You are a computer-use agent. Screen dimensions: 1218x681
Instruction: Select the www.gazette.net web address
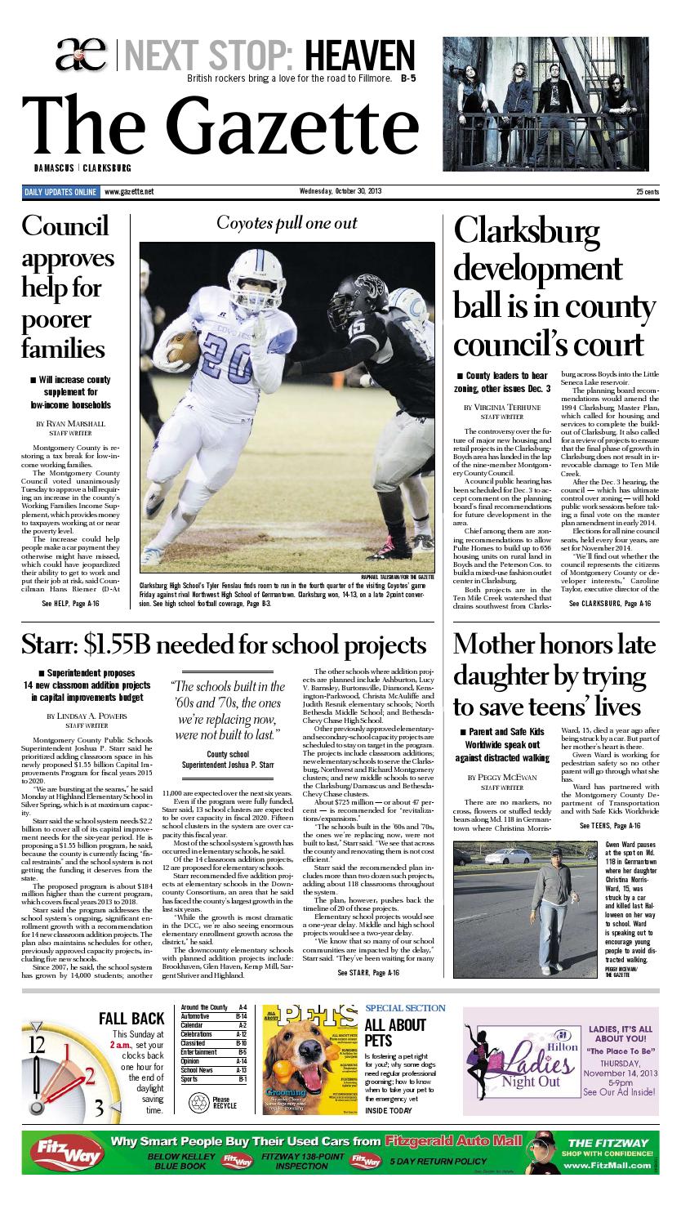[129, 192]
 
